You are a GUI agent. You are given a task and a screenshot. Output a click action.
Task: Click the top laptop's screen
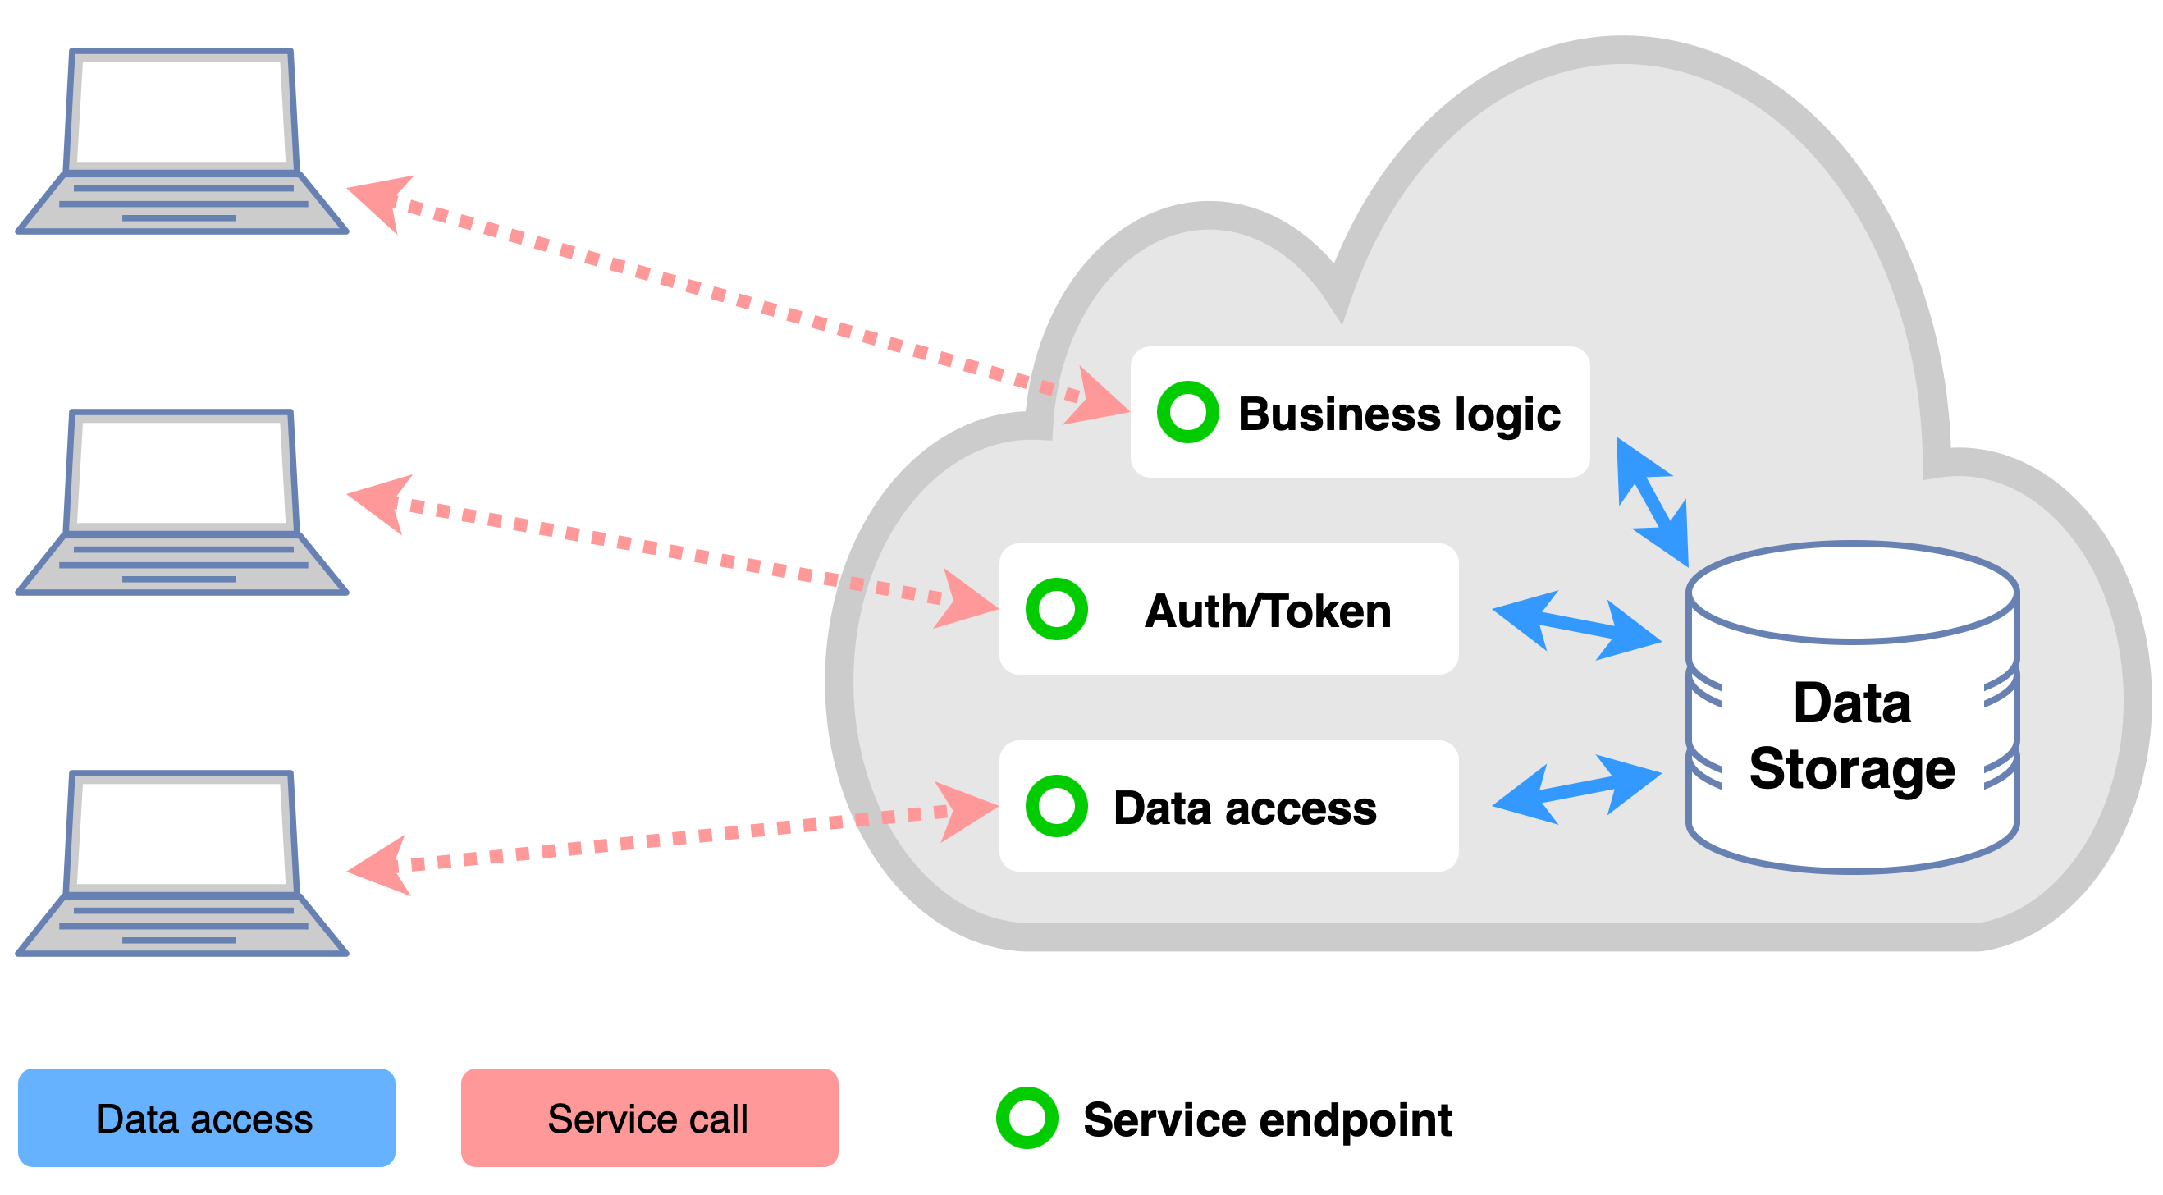181,111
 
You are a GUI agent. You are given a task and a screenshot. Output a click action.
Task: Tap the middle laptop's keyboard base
181,565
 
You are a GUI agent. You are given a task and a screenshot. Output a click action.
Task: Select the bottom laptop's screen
181,832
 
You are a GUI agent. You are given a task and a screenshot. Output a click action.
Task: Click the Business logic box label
1399,414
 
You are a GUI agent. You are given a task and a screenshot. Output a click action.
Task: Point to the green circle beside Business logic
1187,412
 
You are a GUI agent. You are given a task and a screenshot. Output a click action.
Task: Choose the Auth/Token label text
1267,611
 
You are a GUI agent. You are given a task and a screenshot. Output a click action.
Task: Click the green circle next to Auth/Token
1056,609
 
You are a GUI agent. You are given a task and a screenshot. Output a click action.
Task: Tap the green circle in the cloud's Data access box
1056,806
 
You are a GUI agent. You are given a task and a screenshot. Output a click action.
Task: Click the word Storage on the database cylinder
1851,768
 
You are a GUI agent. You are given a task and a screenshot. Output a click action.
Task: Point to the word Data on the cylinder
1851,703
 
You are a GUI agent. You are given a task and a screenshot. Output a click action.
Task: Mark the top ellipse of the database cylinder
1851,593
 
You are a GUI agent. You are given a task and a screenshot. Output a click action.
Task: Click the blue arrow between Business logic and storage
1653,502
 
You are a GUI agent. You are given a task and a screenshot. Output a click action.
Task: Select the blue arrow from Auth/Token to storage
1577,625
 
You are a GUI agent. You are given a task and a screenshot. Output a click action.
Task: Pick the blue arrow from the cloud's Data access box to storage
1577,790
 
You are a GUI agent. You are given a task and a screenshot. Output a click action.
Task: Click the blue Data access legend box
206,1118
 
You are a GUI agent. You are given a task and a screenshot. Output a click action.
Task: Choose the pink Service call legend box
649,1118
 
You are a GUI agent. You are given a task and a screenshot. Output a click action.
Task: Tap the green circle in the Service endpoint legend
1026,1118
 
